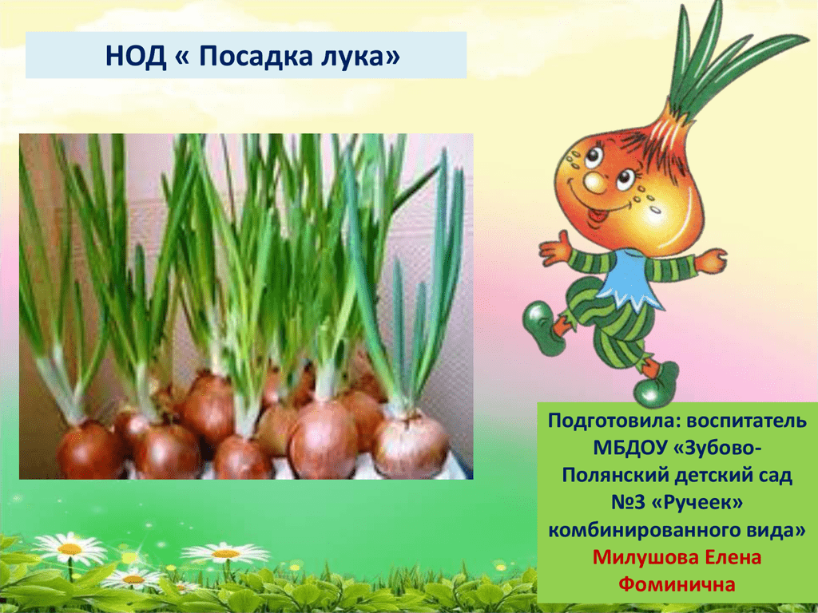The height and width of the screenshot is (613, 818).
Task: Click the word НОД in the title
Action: point(135,55)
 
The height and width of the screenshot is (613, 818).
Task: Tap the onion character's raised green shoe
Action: point(542,327)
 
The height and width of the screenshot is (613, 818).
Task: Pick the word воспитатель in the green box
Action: point(747,421)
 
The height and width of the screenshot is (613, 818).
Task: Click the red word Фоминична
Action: point(677,584)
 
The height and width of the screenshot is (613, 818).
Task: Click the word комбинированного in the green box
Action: point(640,531)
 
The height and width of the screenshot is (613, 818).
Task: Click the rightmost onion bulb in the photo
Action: point(411,444)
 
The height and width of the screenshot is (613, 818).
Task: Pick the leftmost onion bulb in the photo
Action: point(89,452)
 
